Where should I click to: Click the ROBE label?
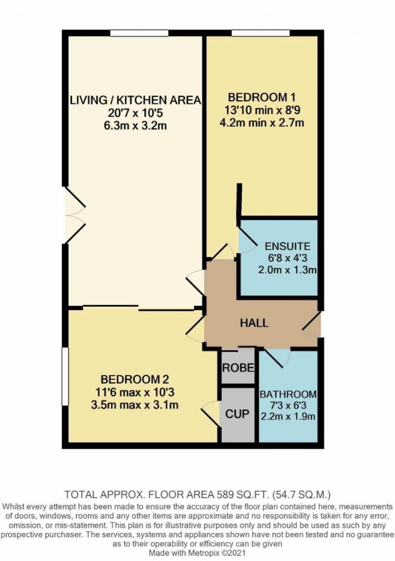[238, 368]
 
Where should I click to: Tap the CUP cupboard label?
[237, 414]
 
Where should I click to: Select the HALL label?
[254, 323]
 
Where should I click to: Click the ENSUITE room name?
[287, 246]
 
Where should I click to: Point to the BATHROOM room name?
[288, 395]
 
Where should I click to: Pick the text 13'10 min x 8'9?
[262, 110]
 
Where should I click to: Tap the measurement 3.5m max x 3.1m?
[135, 405]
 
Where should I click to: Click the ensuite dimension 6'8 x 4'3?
[287, 258]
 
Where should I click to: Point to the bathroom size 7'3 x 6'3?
[288, 405]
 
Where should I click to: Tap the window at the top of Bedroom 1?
[261, 34]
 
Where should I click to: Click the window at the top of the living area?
[139, 34]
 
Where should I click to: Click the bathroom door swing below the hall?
[279, 358]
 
